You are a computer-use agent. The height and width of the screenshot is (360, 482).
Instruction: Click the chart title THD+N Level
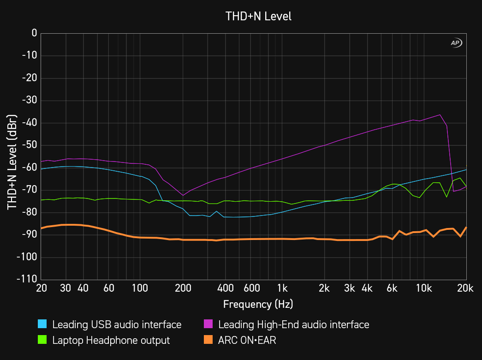pos(258,17)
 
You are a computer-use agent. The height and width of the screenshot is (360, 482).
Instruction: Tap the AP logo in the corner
pos(456,43)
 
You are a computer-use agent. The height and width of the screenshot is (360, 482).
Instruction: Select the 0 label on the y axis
pos(34,33)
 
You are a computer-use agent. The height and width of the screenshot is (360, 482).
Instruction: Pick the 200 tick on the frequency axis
pos(183,288)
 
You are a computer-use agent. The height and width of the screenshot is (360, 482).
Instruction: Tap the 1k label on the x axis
pos(282,288)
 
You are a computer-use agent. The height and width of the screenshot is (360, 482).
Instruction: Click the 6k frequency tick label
pos(392,288)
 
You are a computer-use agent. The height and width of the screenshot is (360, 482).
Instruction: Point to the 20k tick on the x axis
pos(465,288)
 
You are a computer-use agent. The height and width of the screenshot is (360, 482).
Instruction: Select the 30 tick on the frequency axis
pos(65,288)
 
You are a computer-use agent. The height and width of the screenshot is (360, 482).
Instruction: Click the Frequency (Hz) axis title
pos(258,304)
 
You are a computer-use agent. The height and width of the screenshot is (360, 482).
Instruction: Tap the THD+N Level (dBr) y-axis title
pos(12,157)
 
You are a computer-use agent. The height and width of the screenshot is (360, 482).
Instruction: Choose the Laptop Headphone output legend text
pos(111,341)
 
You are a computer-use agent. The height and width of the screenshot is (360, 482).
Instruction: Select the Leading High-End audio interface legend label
pos(294,324)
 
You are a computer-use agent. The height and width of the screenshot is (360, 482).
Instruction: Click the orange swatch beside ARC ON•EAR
pos(208,341)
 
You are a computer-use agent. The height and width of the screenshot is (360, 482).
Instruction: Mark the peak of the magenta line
pos(440,114)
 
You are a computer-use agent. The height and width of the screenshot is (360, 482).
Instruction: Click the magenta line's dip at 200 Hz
pos(183,195)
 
